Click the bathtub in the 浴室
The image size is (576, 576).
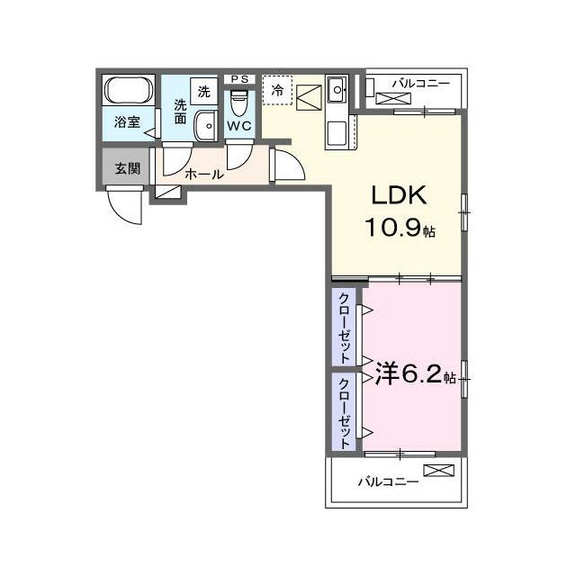(x=129, y=90)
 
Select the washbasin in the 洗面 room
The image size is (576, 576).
(x=206, y=126)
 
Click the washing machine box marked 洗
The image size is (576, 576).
(x=204, y=92)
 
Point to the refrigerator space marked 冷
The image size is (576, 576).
(x=277, y=90)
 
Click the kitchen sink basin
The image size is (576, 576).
(x=337, y=90)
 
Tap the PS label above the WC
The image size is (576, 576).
(x=239, y=79)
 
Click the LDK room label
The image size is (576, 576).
(x=399, y=195)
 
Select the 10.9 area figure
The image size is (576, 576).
(x=392, y=227)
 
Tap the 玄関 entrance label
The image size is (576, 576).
(x=128, y=168)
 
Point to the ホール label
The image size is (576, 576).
(x=204, y=174)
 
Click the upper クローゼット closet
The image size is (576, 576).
(x=344, y=328)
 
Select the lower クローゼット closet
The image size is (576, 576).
(x=344, y=412)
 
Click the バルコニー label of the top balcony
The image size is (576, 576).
(x=421, y=84)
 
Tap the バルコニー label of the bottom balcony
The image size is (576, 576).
(x=388, y=481)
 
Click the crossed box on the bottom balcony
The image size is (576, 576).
(x=438, y=471)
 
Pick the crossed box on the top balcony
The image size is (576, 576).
(x=393, y=98)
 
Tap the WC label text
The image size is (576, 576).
(x=239, y=126)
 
